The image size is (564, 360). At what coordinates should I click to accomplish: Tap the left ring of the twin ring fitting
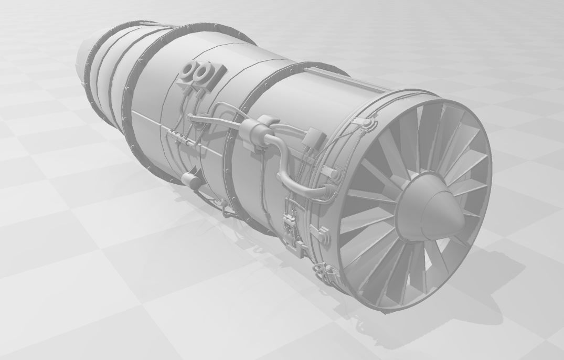coord(189,71)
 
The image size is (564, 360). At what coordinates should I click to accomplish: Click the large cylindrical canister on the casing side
coord(254,130)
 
